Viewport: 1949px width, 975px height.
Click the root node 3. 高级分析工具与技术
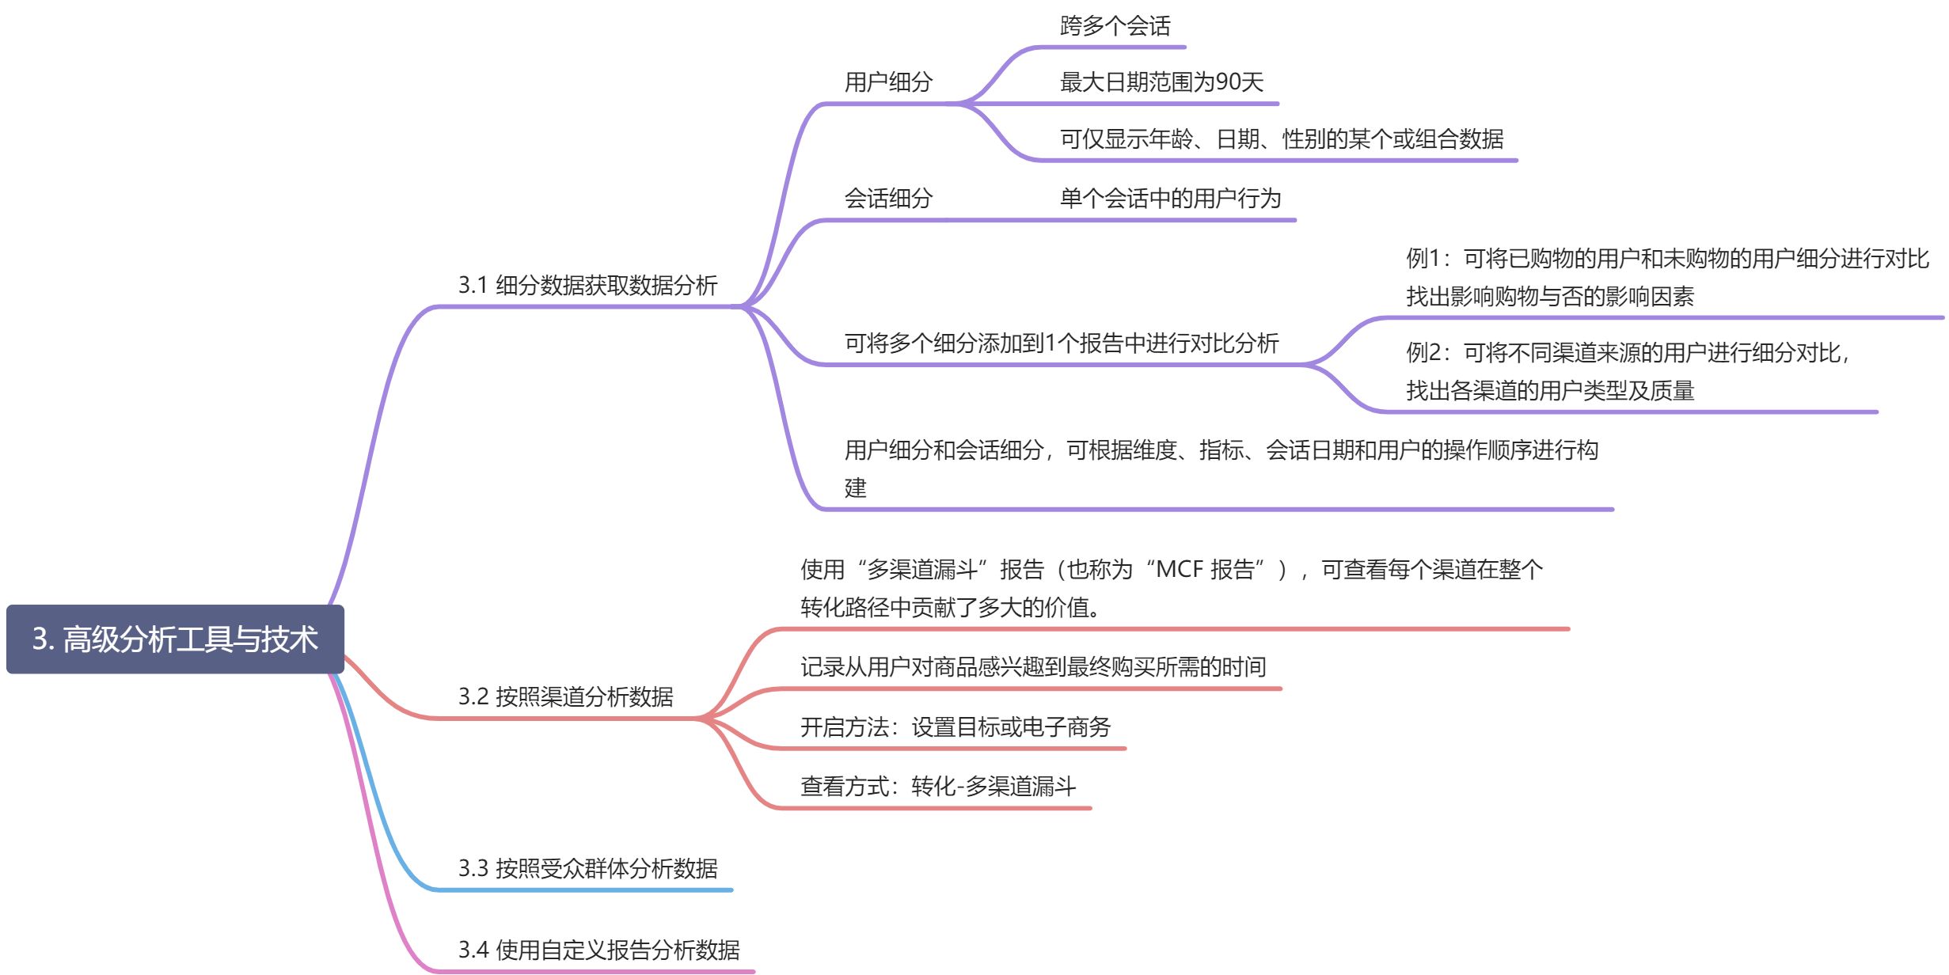[175, 639]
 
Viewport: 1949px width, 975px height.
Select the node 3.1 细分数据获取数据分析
[587, 285]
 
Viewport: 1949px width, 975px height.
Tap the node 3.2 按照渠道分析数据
[565, 696]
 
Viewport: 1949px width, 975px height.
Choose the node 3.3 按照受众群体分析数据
[587, 868]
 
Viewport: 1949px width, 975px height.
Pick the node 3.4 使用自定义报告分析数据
[598, 949]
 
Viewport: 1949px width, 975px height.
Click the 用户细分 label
[888, 82]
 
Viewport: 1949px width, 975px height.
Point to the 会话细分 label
[888, 198]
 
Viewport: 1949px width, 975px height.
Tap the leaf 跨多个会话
[1115, 26]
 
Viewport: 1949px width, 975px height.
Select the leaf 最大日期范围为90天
[1161, 82]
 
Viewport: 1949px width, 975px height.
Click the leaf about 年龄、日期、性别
[1281, 139]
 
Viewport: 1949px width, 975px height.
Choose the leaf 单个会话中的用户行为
[1170, 198]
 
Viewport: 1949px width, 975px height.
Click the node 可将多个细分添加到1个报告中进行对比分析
[1061, 343]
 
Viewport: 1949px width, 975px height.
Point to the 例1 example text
[1666, 277]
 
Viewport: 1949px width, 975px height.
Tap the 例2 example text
[1627, 371]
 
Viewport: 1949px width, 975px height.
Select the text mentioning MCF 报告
[1172, 587]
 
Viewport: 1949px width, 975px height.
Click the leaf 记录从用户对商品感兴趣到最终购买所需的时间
[1032, 667]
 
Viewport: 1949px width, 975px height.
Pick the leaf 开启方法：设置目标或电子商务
[955, 727]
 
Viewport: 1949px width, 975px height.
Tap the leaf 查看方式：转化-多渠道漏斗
[937, 786]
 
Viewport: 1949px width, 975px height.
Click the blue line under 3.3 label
[586, 890]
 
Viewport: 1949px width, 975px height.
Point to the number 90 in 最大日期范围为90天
[1228, 82]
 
